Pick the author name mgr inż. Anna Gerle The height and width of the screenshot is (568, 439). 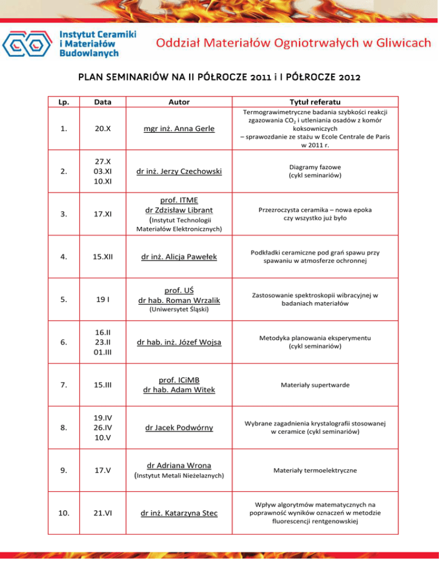click(179, 130)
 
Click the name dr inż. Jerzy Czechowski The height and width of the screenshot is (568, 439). click(179, 171)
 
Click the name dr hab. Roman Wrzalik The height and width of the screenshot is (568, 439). click(179, 301)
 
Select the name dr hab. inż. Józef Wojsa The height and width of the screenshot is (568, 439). click(179, 343)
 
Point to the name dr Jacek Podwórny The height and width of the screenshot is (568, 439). click(179, 427)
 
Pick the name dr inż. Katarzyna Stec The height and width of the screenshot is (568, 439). click(179, 513)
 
